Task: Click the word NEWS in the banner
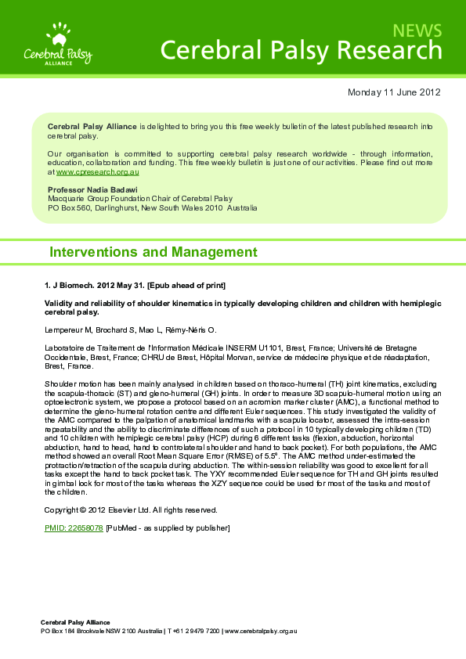[x=417, y=31]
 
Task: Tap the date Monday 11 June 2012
[x=394, y=92]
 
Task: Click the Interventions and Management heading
[x=153, y=252]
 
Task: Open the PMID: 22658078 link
[x=74, y=528]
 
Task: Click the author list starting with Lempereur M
[x=130, y=329]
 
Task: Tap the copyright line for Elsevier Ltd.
[x=131, y=510]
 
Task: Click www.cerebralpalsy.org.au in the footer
[x=261, y=631]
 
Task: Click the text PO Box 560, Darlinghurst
[x=96, y=209]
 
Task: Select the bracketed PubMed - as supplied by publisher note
[x=168, y=528]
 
